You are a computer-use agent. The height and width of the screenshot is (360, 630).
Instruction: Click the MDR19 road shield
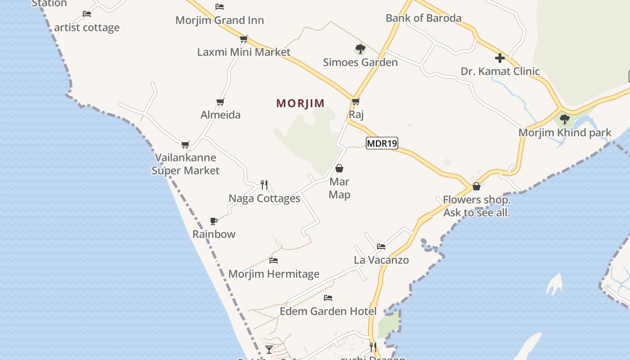pos(382,144)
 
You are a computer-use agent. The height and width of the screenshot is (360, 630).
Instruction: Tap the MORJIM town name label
pos(300,103)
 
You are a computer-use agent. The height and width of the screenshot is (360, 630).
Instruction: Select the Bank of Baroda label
pos(423,18)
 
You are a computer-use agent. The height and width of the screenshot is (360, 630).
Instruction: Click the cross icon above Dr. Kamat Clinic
pos(499,58)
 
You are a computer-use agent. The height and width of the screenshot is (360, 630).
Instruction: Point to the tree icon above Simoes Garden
pos(360,49)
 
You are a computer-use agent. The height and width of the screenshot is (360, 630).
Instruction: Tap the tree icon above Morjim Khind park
pos(564,119)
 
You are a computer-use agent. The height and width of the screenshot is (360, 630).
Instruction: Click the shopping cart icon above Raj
pos(356,101)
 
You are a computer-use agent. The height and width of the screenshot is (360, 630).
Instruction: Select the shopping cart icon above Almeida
pos(220,102)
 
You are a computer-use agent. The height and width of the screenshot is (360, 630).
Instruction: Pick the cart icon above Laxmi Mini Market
pos(244,39)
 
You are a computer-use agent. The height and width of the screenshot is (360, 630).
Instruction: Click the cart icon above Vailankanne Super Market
pos(185,144)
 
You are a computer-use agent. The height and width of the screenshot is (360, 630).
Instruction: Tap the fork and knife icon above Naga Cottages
pos(264,184)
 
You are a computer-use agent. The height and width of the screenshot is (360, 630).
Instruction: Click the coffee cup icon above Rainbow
pos(214,221)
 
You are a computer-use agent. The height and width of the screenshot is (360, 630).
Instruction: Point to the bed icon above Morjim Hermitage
pos(274,260)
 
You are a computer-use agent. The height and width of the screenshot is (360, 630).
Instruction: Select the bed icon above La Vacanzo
pos(381,246)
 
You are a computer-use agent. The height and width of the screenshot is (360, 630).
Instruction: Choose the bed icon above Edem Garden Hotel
pos(328,298)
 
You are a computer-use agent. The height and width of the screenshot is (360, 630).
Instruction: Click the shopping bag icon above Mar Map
pos(339,168)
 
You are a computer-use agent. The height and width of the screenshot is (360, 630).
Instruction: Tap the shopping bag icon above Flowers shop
pos(477,186)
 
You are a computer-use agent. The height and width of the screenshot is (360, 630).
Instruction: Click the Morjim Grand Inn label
pos(220,20)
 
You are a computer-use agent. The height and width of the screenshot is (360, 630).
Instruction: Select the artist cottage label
pos(87,27)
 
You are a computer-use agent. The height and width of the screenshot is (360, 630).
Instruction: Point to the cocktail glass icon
pos(269,349)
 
